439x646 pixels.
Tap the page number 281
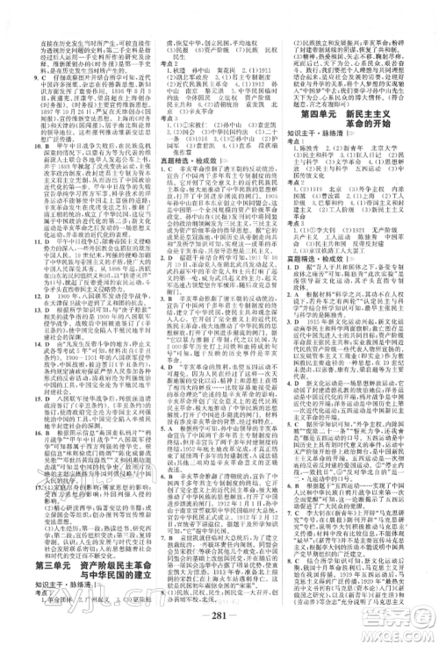point(219,628)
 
